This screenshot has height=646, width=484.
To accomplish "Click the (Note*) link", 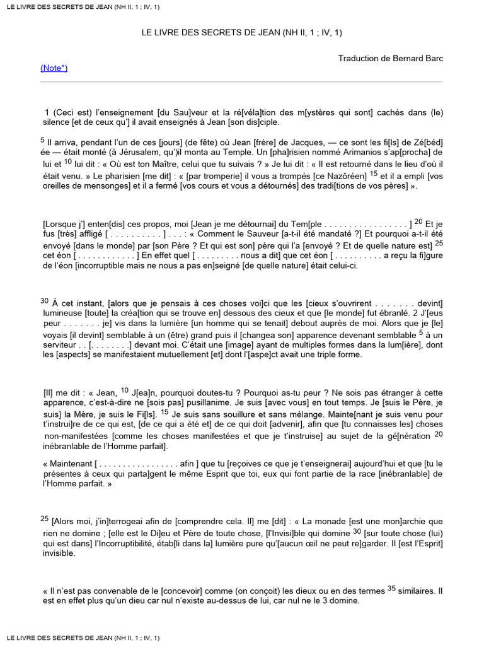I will pos(54,68).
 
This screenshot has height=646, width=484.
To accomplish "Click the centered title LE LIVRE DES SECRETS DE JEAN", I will pos(242,32).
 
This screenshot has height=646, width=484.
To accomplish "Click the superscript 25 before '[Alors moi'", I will pos(44,519).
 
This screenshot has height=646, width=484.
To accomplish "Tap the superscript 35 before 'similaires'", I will pos(392,589).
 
